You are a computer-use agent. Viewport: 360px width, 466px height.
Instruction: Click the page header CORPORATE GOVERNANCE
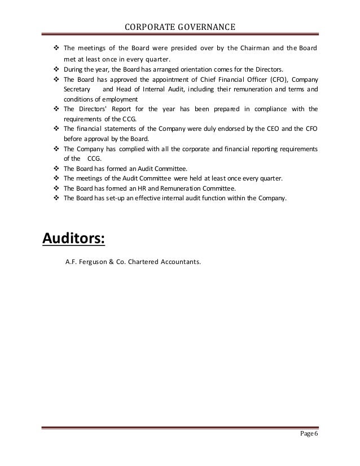(180, 27)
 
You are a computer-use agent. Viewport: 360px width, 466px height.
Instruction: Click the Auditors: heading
(74, 238)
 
